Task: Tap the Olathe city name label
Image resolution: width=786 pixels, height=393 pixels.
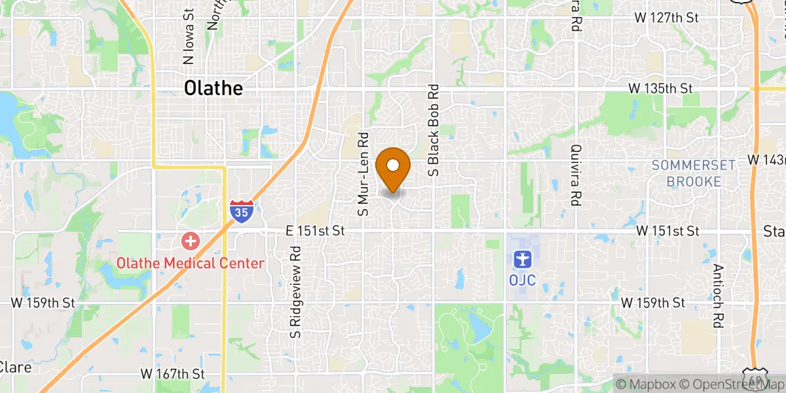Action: [x=214, y=88]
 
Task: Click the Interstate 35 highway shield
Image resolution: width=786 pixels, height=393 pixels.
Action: [x=242, y=211]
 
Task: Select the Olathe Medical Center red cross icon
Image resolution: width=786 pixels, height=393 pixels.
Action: [x=191, y=242]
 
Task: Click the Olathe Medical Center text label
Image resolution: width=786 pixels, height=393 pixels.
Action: [x=191, y=263]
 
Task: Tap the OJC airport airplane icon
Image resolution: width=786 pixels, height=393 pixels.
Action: [x=522, y=260]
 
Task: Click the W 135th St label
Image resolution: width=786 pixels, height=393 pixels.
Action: [x=660, y=88]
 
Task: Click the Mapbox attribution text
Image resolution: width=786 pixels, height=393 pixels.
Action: [x=643, y=384]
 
